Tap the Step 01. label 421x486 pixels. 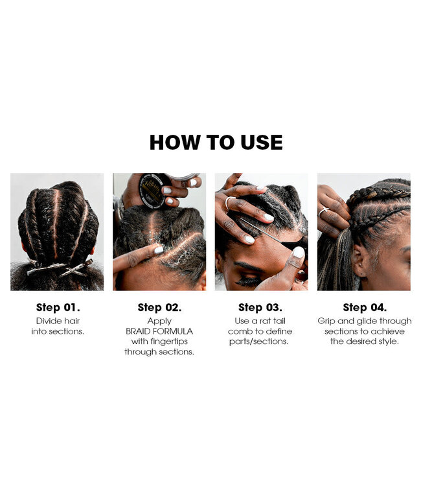[x=57, y=308]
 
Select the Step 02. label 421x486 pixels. [x=159, y=308]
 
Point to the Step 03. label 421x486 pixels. [x=261, y=308]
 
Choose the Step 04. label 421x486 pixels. [x=363, y=308]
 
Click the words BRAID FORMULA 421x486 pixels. [x=159, y=331]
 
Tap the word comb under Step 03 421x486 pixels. [x=241, y=331]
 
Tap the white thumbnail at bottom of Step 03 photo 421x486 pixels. [x=298, y=252]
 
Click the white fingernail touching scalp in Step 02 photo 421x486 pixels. [x=159, y=250]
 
